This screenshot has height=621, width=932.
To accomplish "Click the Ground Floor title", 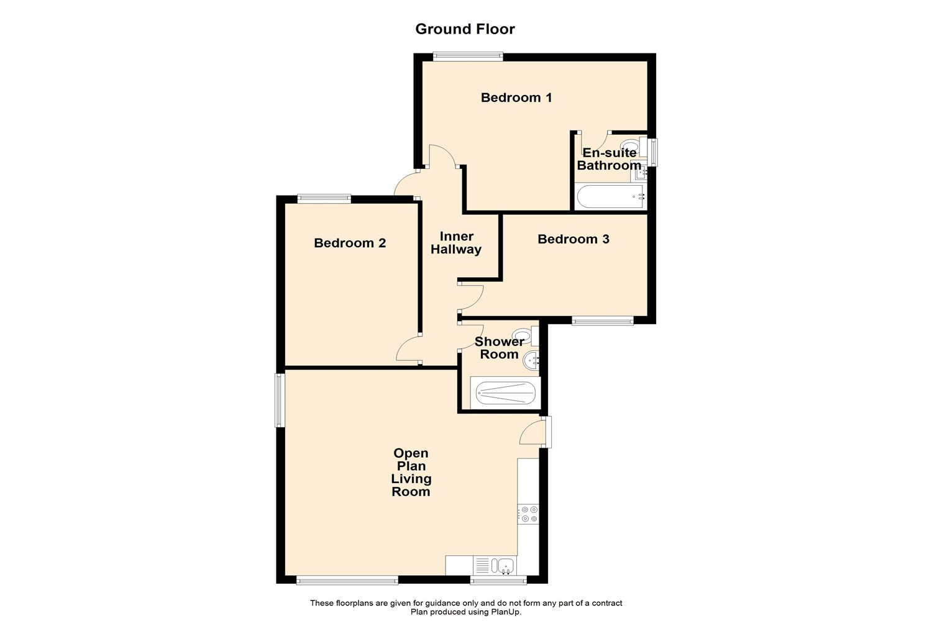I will (465, 29).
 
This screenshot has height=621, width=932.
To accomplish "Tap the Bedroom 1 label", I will (516, 97).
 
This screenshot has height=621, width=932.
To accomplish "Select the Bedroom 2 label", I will (350, 243).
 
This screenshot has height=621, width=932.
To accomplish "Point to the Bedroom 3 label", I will (573, 239).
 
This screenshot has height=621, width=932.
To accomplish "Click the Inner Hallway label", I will (456, 243).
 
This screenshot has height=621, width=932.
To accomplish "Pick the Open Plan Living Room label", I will (411, 473).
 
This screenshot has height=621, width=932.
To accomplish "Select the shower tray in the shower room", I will (505, 392).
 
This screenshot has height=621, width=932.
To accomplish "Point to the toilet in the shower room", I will (524, 337).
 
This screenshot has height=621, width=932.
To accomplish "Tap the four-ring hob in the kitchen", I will (529, 514).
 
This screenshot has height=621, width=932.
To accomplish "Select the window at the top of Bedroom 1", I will (468, 57).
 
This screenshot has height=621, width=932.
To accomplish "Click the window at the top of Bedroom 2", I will (324, 199).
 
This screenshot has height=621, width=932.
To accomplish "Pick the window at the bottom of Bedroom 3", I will (603, 321).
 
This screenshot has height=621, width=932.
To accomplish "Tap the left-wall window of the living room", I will (280, 400).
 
